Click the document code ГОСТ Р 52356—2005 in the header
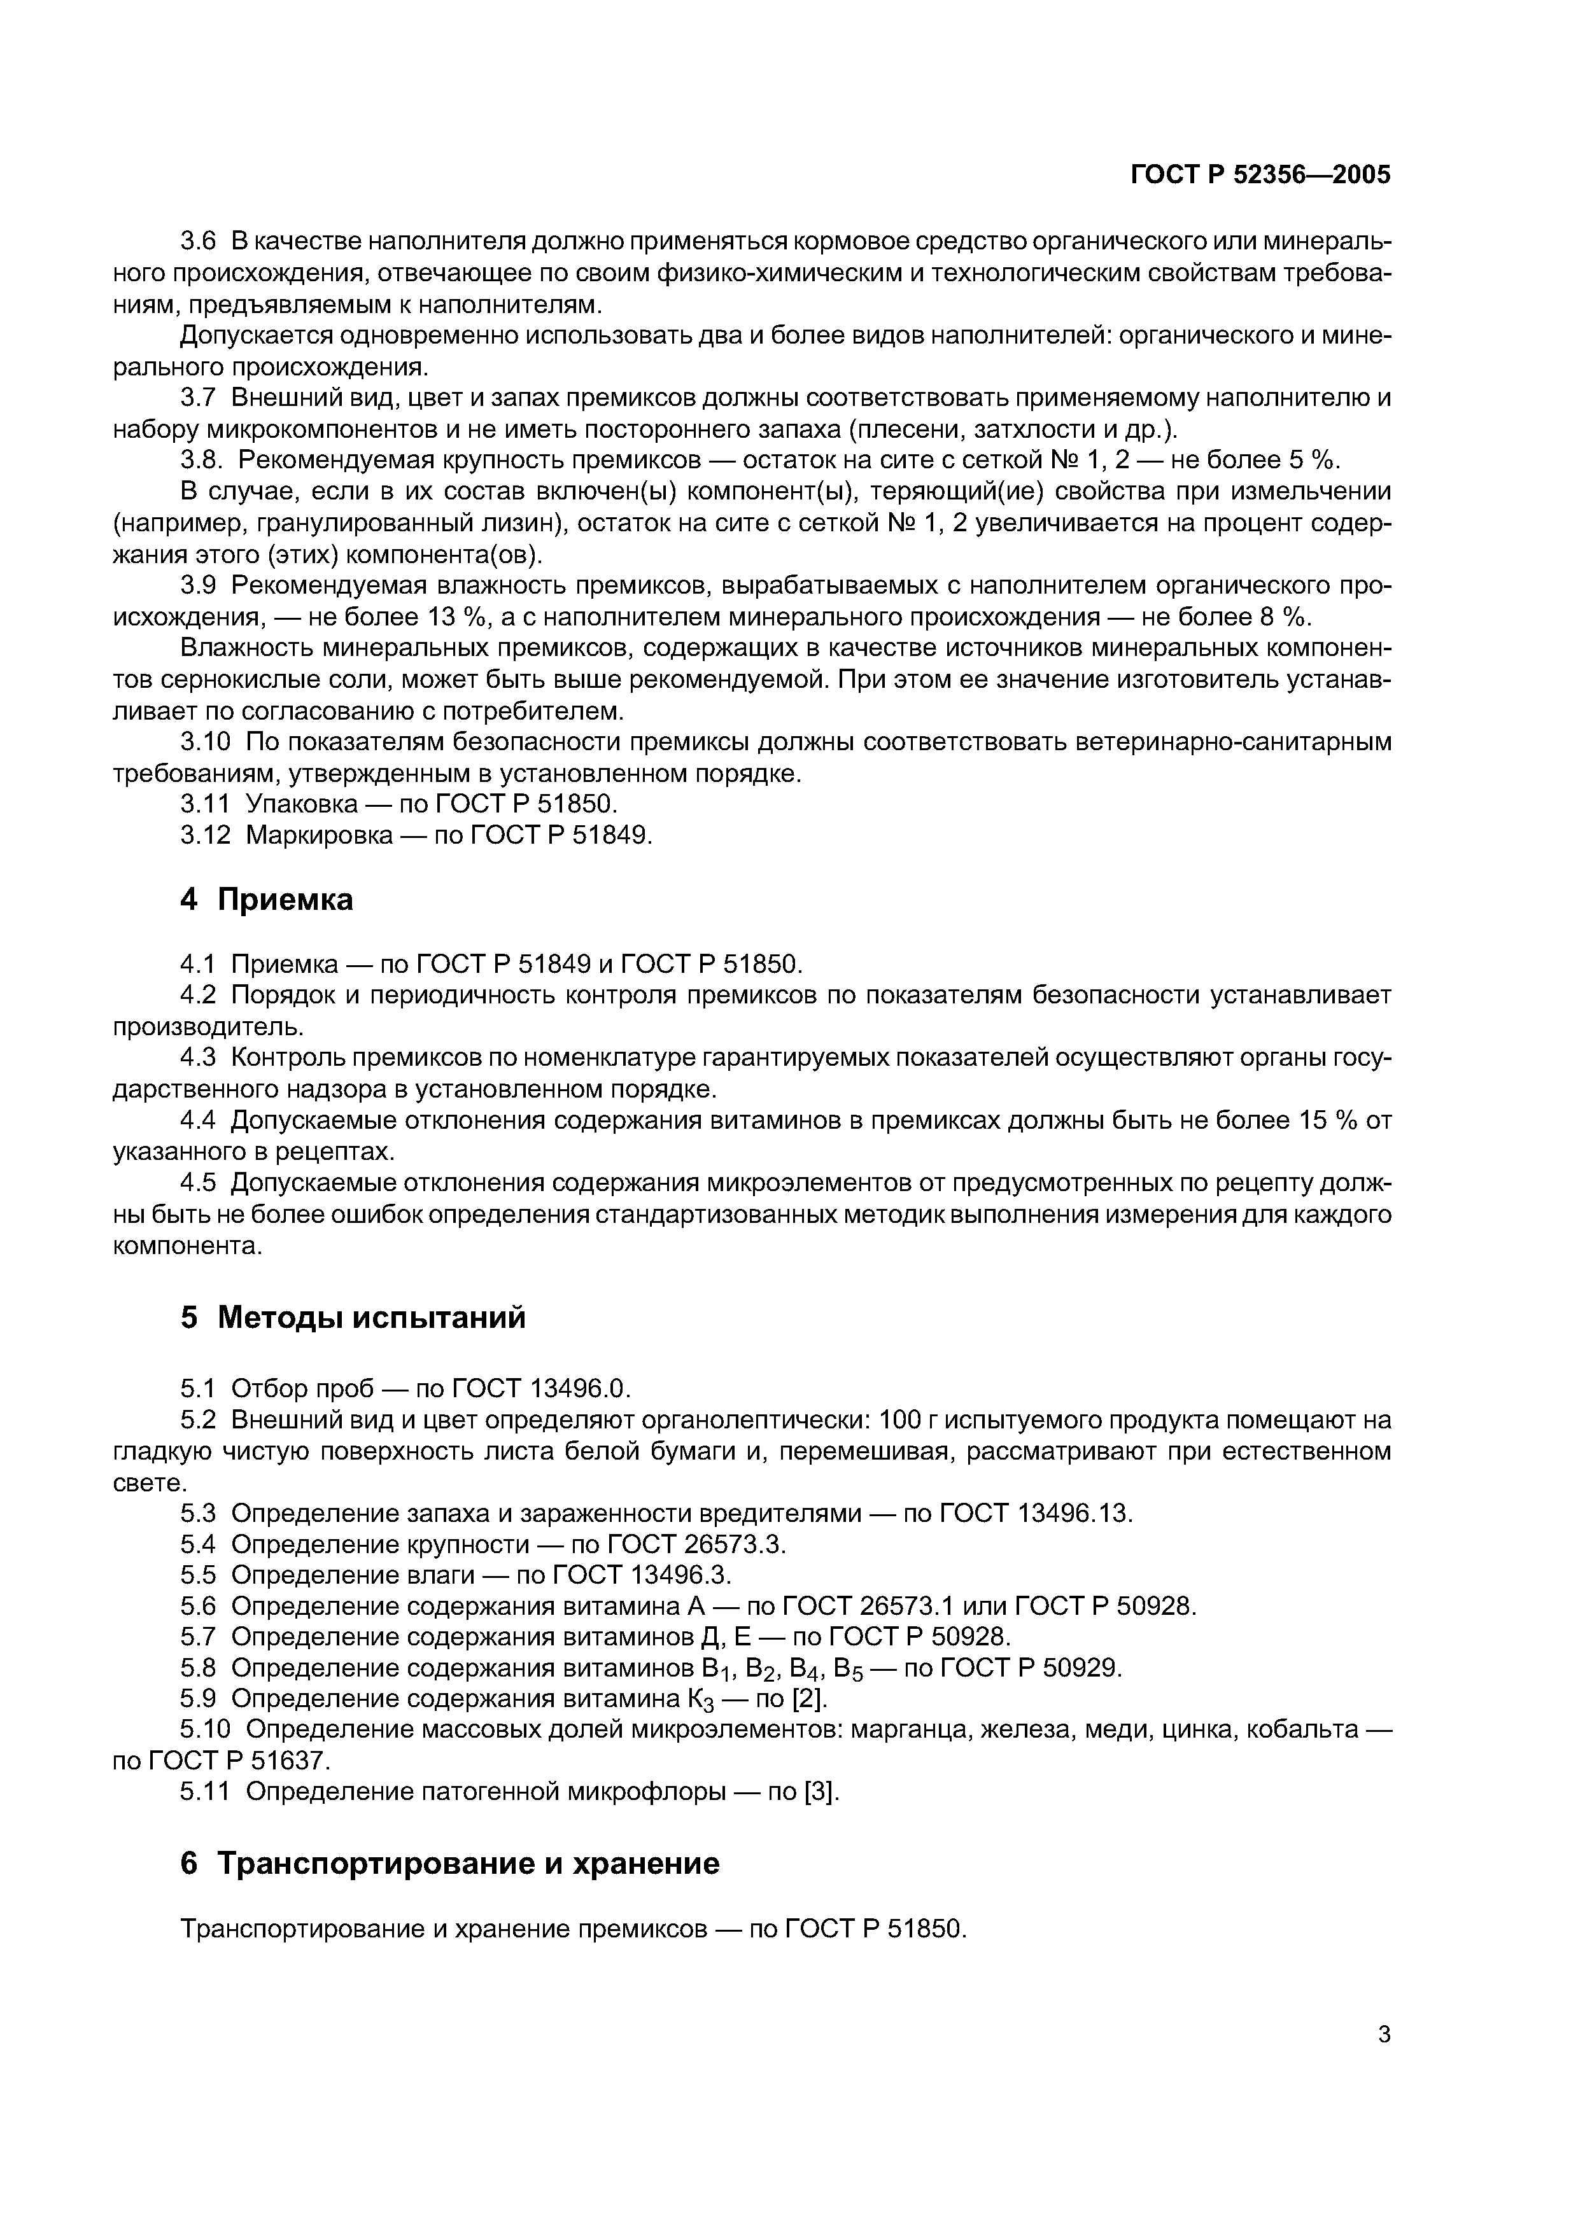click(1261, 175)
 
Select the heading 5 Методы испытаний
click(353, 1317)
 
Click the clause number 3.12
click(206, 835)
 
